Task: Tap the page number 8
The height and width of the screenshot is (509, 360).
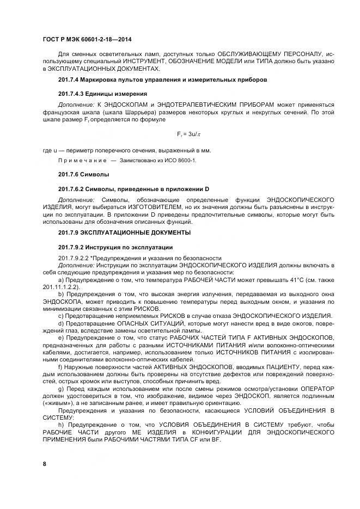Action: point(44,463)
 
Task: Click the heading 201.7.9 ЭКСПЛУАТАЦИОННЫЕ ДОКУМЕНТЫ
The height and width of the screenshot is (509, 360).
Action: point(124,232)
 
